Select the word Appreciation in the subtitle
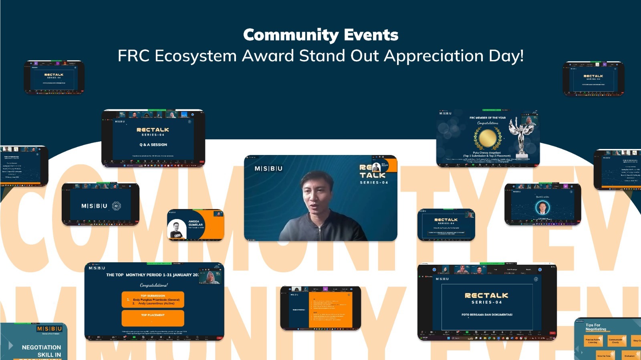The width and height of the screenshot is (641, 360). click(434, 56)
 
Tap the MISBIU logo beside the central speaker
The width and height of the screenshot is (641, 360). click(268, 169)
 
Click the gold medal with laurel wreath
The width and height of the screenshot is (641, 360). click(488, 138)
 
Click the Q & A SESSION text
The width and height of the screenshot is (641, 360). click(153, 145)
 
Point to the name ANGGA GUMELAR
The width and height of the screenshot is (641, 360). click(195, 223)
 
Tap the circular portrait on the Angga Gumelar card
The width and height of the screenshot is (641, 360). click(177, 229)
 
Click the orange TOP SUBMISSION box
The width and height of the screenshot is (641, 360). click(153, 300)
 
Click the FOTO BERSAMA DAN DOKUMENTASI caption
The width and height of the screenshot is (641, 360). click(487, 315)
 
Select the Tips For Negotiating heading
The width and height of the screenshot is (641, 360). click(596, 327)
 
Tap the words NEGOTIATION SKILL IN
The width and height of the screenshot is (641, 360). click(42, 351)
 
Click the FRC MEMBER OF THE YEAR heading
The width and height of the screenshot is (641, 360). click(488, 118)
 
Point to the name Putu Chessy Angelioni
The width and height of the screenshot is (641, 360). click(487, 153)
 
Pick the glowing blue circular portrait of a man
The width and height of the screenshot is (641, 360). click(542, 207)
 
